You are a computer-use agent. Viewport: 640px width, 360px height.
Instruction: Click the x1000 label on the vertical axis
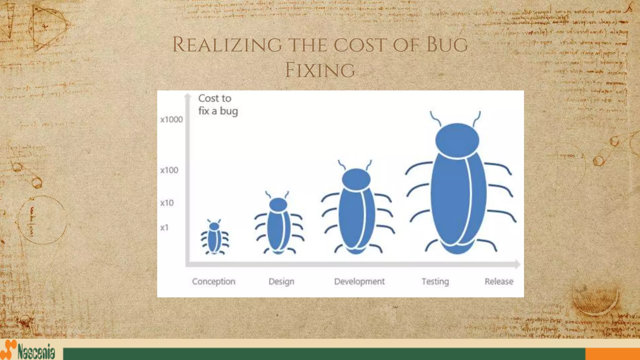point(171,119)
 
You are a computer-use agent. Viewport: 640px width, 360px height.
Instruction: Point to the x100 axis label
point(169,170)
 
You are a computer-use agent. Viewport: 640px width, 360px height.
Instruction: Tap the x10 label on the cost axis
point(167,203)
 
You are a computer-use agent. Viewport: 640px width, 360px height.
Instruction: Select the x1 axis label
point(164,227)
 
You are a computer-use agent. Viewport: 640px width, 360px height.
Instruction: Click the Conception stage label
point(213,282)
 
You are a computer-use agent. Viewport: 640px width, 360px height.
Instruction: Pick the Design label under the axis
point(281,282)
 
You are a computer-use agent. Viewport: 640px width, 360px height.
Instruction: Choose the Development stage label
point(359,282)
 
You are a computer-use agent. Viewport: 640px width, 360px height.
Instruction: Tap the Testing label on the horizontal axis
point(435,282)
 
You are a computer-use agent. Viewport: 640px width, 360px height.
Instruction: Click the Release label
point(499,282)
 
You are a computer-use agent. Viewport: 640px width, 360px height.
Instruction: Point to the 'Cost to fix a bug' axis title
point(218,105)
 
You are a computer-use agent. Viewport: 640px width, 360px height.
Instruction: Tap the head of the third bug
point(356,179)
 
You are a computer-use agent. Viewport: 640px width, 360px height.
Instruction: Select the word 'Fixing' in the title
point(320,70)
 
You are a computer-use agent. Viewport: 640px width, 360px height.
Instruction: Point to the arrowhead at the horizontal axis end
point(517,264)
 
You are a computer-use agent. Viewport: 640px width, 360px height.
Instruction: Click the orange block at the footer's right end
point(612,354)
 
